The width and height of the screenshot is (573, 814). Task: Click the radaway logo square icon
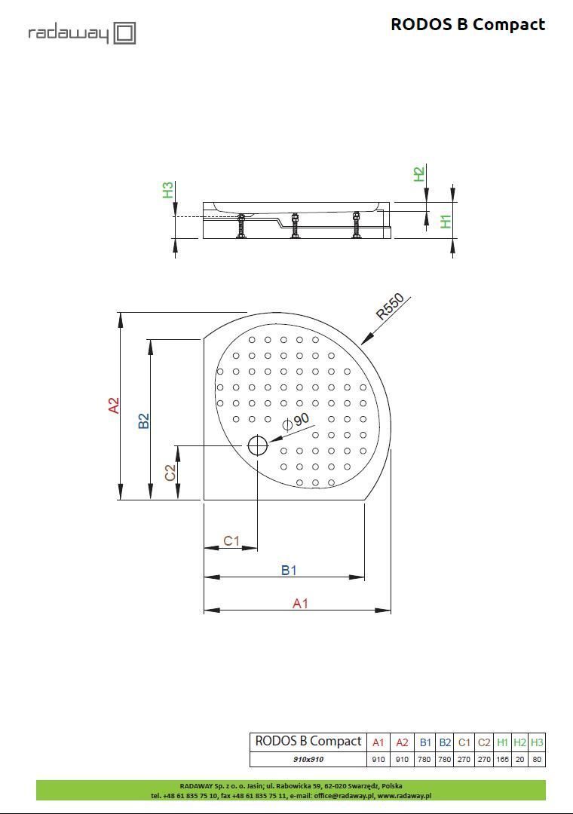pos(124,33)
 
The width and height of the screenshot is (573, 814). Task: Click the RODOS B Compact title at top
pos(467,24)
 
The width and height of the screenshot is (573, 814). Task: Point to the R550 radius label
pos(391,308)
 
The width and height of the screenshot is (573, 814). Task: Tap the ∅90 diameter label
pos(296,421)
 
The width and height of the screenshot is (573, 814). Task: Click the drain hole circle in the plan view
pos(257,446)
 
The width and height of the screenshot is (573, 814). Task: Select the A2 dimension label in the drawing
pos(114,405)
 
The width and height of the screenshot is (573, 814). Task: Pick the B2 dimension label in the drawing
pos(144,421)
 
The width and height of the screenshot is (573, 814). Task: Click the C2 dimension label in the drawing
pos(170,473)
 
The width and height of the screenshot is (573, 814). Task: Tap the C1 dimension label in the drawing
pos(231,540)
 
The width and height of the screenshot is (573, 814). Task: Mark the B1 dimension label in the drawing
pos(289,570)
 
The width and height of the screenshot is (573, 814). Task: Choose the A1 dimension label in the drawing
pos(300,603)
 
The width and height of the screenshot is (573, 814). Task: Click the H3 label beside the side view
pos(168,190)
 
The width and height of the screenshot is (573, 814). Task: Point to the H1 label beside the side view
pos(446,222)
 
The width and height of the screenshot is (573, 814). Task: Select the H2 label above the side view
pos(418,174)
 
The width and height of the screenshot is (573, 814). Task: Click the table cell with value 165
pos(502,759)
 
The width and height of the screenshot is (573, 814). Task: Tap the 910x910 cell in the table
pos(308,759)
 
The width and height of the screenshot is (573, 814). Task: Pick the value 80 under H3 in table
pos(537,759)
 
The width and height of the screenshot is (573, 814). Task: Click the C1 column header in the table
pos(464,742)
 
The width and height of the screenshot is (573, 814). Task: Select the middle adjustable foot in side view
pos(295,225)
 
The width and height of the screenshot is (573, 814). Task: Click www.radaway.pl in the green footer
pos(404,795)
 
